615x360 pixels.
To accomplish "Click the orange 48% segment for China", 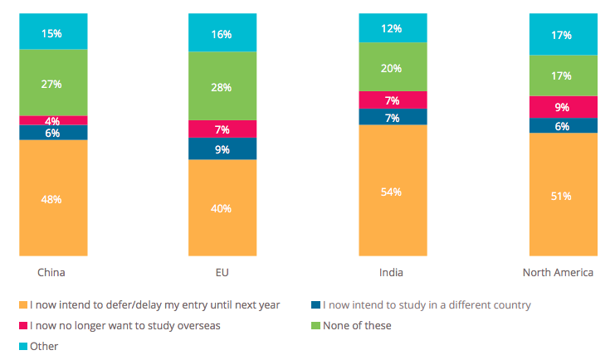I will [53, 198].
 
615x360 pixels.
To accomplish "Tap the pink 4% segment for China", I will [53, 120].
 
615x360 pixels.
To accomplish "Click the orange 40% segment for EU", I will [222, 207].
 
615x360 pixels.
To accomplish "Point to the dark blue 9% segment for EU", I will [222, 148].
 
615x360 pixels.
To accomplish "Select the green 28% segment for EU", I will [222, 86].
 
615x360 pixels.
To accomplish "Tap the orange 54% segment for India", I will [393, 191].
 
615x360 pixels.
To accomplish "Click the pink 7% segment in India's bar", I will [393, 100].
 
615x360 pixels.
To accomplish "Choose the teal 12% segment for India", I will [393, 28].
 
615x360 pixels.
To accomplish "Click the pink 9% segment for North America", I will [563, 106].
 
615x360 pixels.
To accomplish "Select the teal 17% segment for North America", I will [563, 35].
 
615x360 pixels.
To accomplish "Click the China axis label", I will [51, 272].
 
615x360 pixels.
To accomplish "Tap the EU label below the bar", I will [222, 272].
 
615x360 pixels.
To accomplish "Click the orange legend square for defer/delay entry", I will [22, 305].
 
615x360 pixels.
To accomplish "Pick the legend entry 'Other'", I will [44, 346].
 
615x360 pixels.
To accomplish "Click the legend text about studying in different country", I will [426, 304].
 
